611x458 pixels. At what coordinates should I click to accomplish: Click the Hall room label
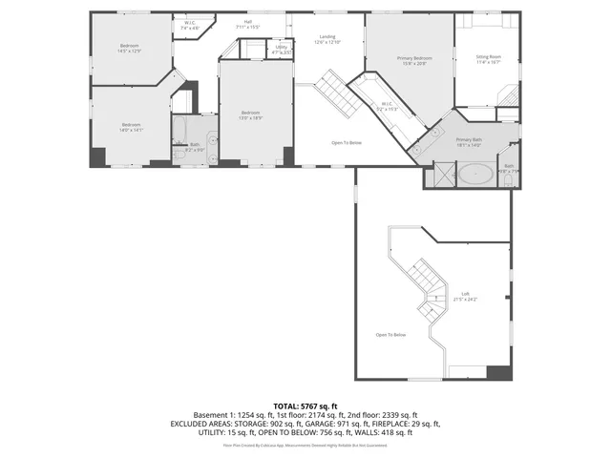[247, 23]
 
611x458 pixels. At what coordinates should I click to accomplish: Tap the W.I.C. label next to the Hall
[190, 26]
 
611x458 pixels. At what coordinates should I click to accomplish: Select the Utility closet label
[281, 48]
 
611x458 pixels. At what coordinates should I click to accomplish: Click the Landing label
[327, 39]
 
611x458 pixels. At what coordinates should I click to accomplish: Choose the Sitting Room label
[489, 59]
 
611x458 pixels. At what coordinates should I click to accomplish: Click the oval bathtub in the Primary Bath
[476, 174]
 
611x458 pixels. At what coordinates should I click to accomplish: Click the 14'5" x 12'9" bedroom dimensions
[130, 51]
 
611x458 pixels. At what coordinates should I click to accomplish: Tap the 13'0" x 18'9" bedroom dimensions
[251, 117]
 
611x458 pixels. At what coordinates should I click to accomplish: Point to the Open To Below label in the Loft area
[390, 335]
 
